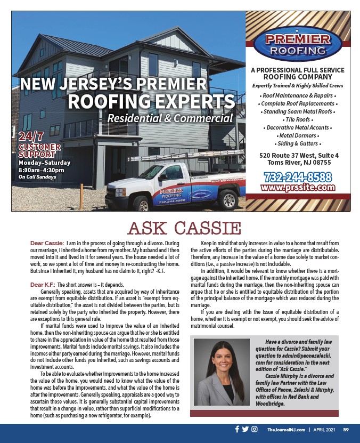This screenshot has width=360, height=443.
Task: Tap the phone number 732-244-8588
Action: [x=298, y=176]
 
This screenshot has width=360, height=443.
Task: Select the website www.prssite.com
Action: [x=298, y=187]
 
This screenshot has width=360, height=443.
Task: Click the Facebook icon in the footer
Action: [x=237, y=429]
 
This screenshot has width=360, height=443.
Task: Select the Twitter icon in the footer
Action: [x=245, y=429]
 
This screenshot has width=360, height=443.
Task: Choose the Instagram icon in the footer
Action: [x=255, y=429]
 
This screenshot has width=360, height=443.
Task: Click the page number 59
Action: [x=346, y=430]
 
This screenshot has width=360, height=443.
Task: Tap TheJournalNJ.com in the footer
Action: [x=285, y=430]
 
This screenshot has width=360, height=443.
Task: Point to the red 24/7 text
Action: [x=31, y=136]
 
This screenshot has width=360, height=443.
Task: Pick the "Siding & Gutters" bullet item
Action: [x=298, y=144]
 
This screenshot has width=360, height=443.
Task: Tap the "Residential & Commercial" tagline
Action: [x=170, y=118]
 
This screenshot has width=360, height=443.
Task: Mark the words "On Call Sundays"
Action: [x=38, y=176]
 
